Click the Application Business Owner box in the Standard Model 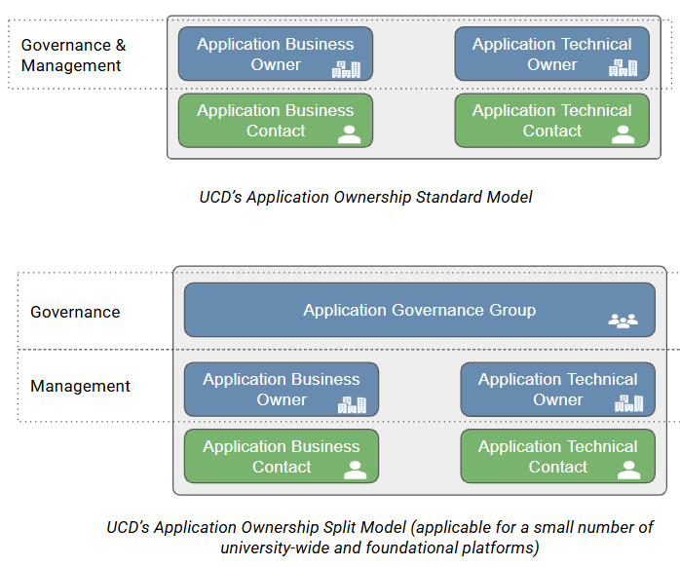[x=276, y=54]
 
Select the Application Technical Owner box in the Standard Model [x=551, y=54]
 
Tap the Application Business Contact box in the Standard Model [x=276, y=121]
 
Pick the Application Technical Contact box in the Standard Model [x=551, y=121]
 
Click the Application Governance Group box [x=419, y=310]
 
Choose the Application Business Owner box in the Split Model [x=281, y=390]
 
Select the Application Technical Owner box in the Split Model [x=557, y=390]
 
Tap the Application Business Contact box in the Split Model [x=281, y=456]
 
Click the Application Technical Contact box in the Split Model [x=557, y=456]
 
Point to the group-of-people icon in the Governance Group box [x=623, y=320]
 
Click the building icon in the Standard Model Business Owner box [x=346, y=68]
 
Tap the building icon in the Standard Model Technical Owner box [x=623, y=68]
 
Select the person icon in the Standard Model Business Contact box [x=349, y=134]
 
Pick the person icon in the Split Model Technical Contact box [x=629, y=470]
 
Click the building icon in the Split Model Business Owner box [x=352, y=403]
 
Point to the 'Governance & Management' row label [x=73, y=56]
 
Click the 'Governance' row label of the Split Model [x=75, y=312]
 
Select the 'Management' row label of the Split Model [x=80, y=386]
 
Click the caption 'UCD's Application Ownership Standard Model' [x=366, y=197]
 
